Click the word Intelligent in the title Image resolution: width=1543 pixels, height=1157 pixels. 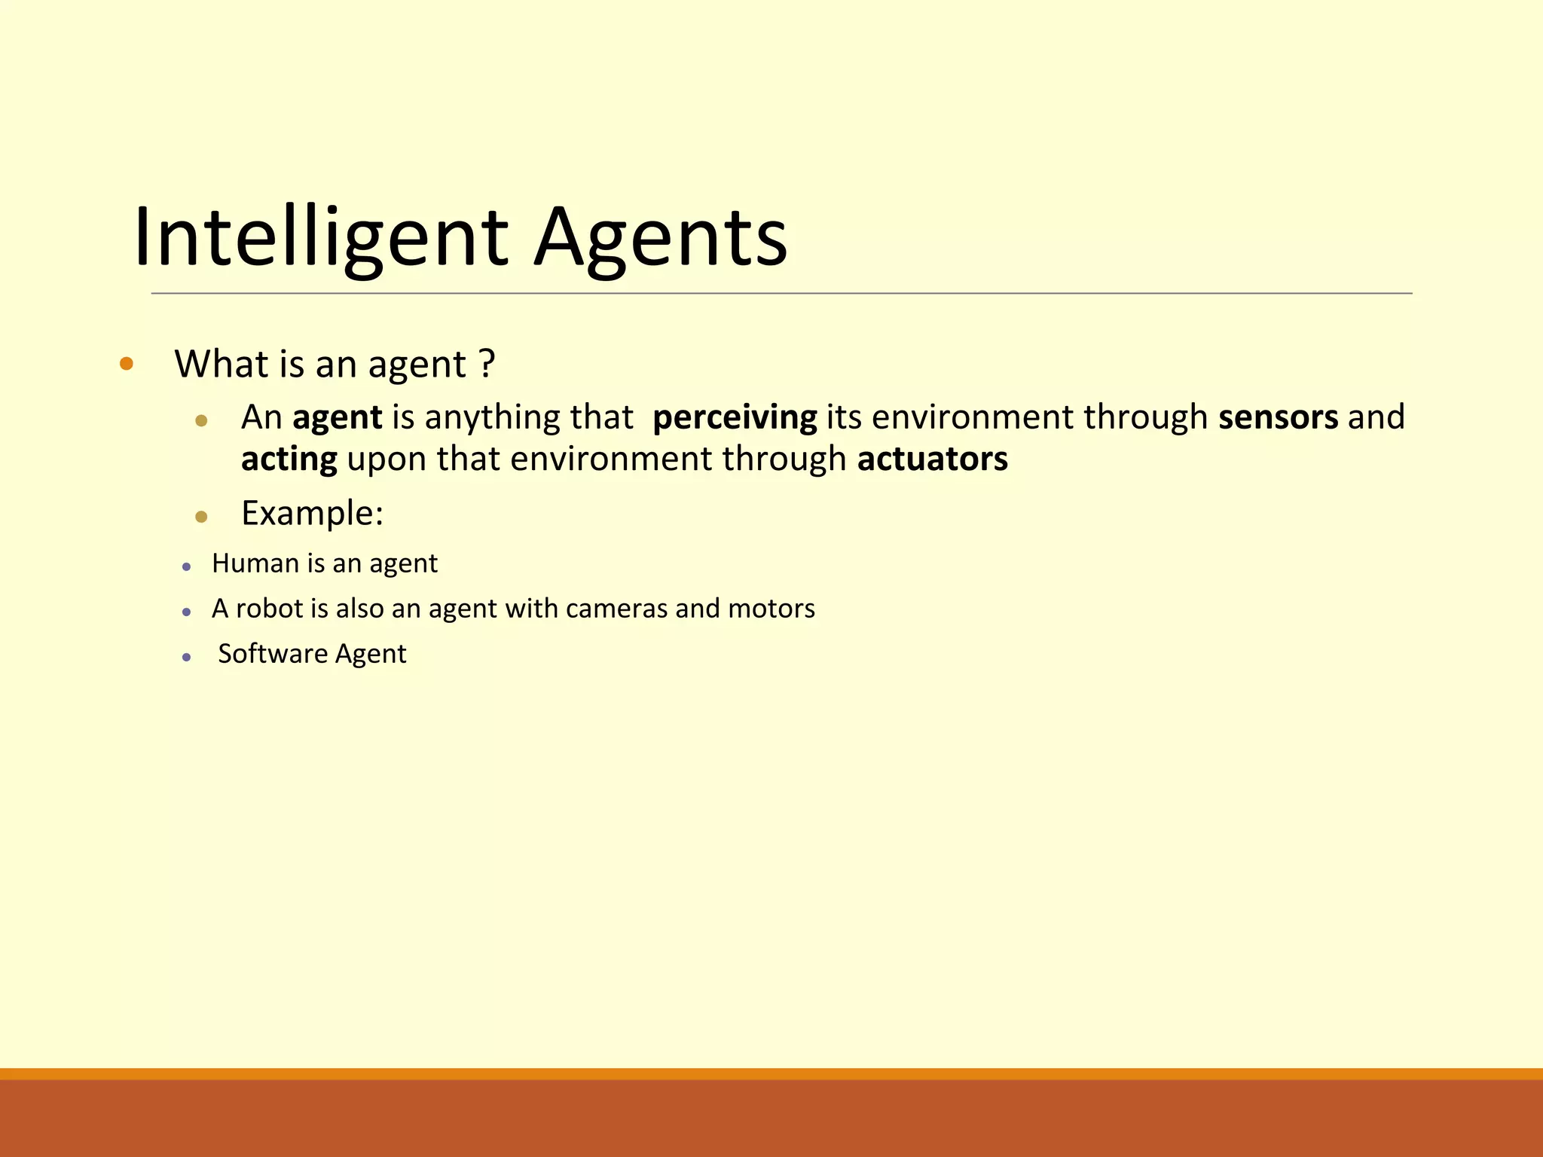click(x=321, y=238)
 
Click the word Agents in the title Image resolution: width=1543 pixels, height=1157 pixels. click(x=660, y=238)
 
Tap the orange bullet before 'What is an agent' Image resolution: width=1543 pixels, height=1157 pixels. click(x=127, y=365)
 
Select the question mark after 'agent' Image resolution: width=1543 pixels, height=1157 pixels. click(x=487, y=364)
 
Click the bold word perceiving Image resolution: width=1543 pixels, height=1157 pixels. click(x=735, y=417)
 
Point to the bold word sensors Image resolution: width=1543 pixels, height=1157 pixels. click(x=1279, y=417)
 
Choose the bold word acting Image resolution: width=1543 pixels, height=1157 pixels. click(x=289, y=459)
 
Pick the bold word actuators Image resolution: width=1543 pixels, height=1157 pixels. click(x=932, y=459)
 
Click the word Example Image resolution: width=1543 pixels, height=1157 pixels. click(x=312, y=514)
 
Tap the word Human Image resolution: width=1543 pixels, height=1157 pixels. click(x=255, y=563)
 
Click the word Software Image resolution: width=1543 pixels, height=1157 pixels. click(x=273, y=654)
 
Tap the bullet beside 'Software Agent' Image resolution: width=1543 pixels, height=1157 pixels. click(x=187, y=658)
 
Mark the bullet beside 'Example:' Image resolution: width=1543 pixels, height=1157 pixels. click(x=201, y=517)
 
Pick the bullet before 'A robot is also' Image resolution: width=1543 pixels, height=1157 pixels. click(x=187, y=612)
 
